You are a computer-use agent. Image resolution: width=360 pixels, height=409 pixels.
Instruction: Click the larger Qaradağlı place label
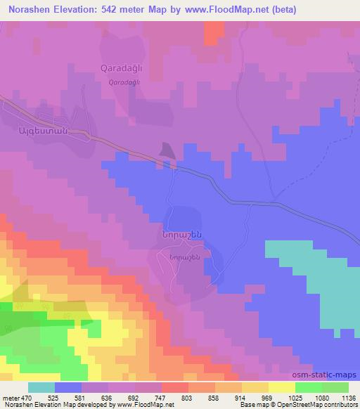pos(124,70)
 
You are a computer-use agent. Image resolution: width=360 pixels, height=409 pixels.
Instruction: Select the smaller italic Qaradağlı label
pos(124,82)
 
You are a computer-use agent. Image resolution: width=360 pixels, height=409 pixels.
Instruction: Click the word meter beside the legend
pos(10,397)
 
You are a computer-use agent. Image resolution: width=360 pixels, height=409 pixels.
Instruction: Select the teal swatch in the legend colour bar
pos(41,387)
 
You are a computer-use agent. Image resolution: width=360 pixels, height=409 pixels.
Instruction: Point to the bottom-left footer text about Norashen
pos(77,405)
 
